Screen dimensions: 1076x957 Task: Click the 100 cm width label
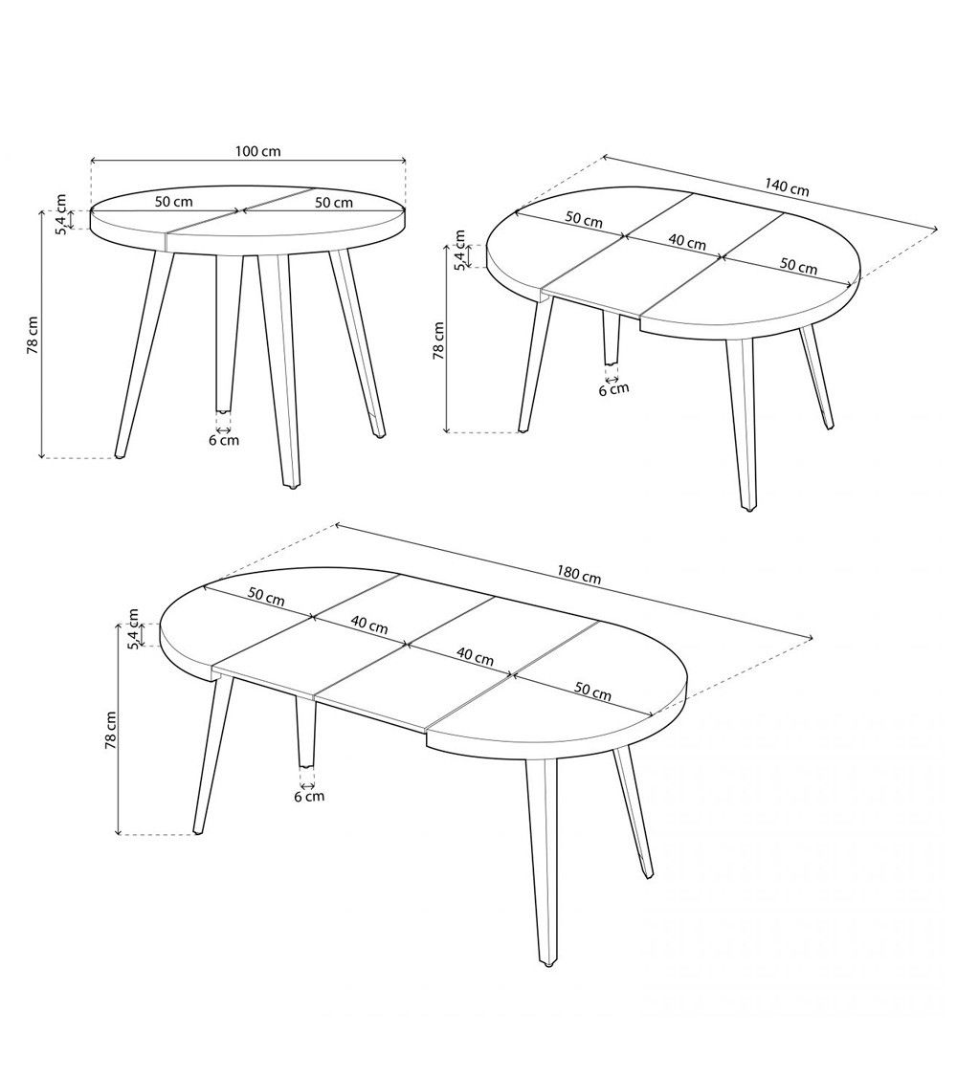(257, 151)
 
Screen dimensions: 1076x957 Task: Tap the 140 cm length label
(787, 187)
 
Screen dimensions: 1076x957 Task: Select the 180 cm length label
(579, 576)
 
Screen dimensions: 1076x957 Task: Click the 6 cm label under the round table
(224, 440)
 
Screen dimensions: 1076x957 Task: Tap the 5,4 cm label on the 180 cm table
(134, 629)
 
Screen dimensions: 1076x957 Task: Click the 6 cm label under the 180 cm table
(308, 796)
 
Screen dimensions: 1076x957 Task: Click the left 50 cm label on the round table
(174, 202)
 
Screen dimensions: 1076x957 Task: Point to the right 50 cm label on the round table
(333, 203)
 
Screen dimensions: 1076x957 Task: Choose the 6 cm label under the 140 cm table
(613, 388)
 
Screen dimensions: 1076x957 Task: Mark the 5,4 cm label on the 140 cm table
(459, 251)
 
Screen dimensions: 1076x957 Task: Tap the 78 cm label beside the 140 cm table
(438, 339)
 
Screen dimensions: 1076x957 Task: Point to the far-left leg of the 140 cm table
(534, 363)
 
